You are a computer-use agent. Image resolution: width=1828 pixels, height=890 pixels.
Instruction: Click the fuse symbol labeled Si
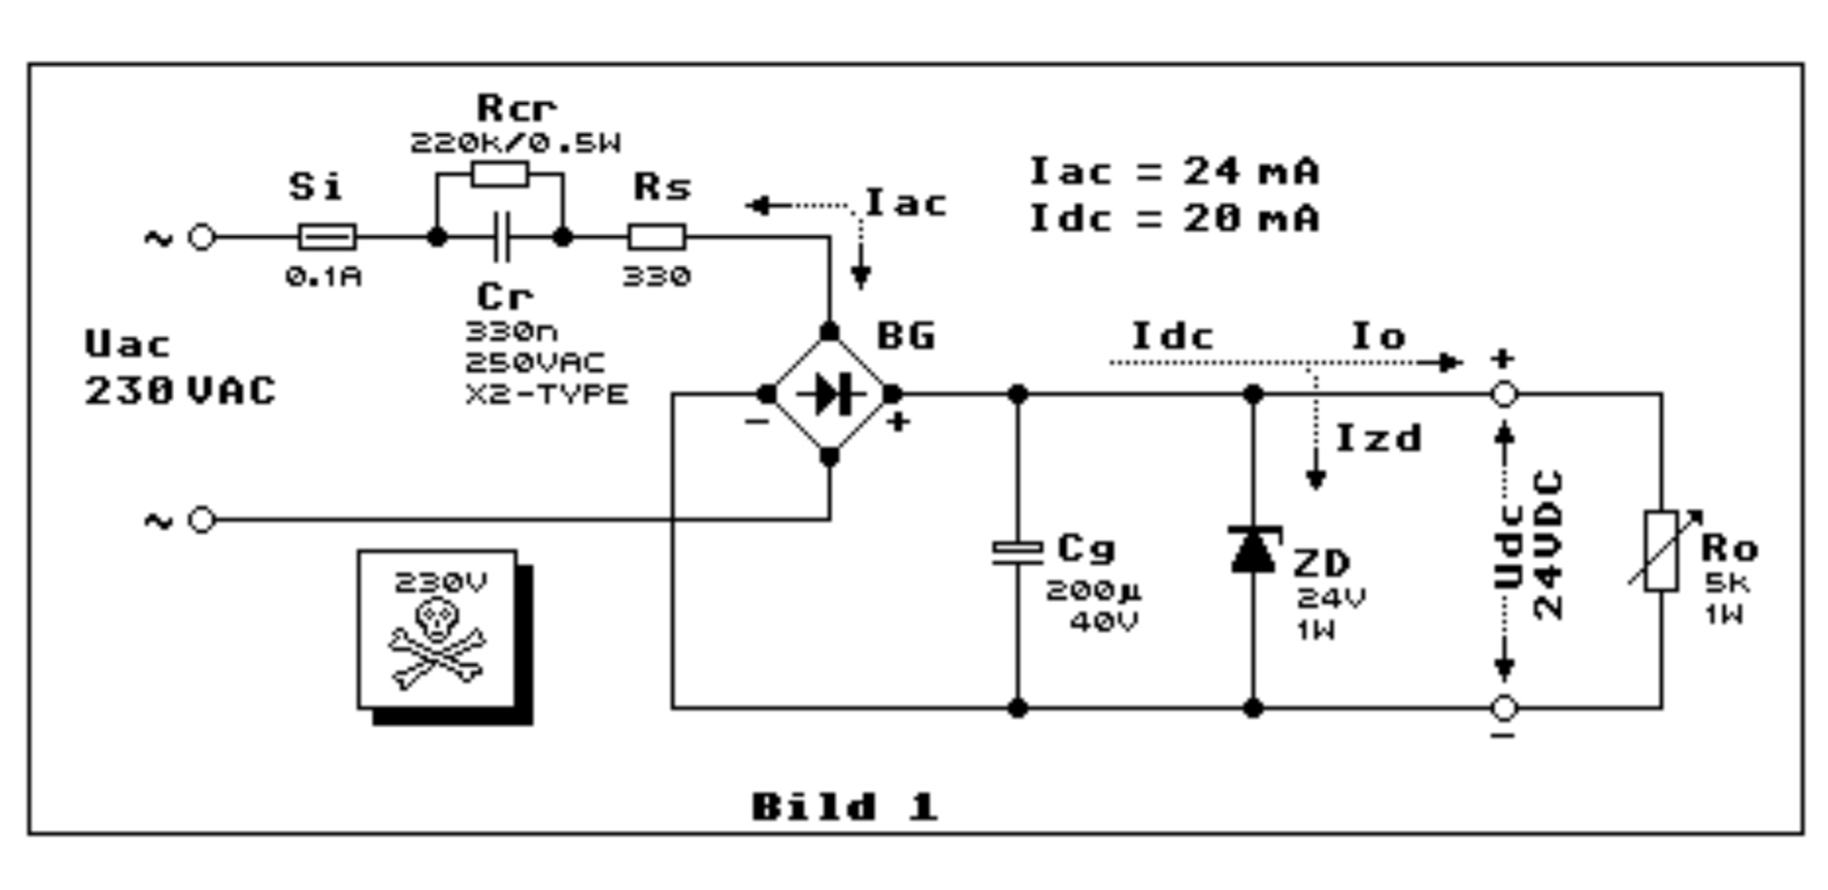click(328, 236)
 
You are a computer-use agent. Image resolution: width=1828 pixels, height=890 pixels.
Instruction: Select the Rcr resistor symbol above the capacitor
click(500, 174)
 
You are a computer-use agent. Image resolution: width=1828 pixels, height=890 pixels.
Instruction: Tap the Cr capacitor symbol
click(500, 237)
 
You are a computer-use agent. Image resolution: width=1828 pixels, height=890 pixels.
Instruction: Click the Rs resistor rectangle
click(656, 236)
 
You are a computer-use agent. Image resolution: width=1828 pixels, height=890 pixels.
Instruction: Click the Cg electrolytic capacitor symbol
click(1017, 552)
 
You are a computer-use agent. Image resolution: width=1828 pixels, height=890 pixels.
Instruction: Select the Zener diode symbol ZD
click(1254, 549)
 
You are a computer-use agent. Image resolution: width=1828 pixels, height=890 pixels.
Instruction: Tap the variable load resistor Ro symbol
click(1662, 551)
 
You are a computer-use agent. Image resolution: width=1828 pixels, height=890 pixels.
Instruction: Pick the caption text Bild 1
click(844, 807)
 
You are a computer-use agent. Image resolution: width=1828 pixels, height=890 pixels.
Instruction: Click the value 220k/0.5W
click(515, 143)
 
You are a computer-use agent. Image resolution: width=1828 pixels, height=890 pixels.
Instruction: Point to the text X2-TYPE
click(547, 394)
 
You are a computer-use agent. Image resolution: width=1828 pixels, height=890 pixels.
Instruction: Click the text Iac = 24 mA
click(1175, 172)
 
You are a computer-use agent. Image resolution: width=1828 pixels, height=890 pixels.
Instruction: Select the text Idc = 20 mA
click(1175, 218)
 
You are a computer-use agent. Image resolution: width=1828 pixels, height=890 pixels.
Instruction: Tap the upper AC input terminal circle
click(202, 237)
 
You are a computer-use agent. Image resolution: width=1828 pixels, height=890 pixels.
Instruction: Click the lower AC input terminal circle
click(202, 520)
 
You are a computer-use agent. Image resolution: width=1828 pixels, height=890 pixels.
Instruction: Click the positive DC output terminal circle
click(1504, 394)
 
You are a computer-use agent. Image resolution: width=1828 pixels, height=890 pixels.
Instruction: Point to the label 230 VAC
click(180, 391)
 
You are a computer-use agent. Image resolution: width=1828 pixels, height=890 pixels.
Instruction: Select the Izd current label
click(1378, 438)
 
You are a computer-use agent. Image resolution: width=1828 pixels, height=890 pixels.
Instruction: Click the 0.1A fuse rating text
click(324, 277)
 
